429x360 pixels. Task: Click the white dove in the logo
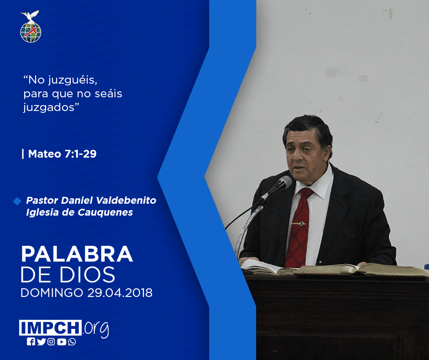30,16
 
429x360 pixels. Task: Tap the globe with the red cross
31,32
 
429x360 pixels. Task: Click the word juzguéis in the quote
73,80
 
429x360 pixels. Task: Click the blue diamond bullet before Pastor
17,201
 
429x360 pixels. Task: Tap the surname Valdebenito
126,200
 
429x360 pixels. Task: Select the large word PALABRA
77,254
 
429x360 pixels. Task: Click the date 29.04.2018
120,292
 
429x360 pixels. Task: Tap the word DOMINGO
52,292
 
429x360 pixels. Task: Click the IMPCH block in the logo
50,328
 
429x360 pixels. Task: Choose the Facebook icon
31,342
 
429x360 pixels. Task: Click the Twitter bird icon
41,342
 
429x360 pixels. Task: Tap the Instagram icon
51,342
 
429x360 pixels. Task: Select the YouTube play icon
62,342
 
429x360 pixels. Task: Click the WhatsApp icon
72,342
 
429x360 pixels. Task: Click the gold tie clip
299,223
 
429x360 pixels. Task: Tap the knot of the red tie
306,193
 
